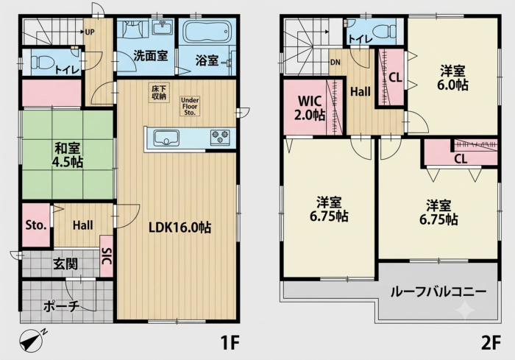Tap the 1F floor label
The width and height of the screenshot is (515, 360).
tap(230, 343)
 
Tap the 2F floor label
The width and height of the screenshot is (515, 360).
tap(491, 343)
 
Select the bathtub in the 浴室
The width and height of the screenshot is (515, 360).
tap(205, 32)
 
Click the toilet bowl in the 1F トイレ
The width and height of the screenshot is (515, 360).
tap(43, 61)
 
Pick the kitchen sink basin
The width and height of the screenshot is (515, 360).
tap(166, 138)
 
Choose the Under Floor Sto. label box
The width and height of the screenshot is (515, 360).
tap(190, 106)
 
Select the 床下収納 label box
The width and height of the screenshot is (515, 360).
tap(159, 93)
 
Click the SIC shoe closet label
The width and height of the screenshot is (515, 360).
tap(107, 256)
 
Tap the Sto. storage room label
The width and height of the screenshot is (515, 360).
tap(36, 225)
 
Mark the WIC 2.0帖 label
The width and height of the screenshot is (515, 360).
tap(310, 107)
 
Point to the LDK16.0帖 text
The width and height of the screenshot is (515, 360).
tap(180, 227)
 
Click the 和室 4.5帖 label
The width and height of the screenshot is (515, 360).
tap(68, 155)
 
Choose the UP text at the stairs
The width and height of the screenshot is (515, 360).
tap(90, 32)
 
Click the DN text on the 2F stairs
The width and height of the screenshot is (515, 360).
tap(335, 62)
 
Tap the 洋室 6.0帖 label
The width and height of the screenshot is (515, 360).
tap(452, 78)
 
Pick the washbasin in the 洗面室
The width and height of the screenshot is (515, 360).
tap(163, 27)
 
